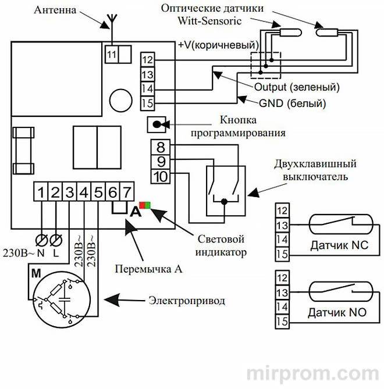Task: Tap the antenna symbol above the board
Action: coord(107,24)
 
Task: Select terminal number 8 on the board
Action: coord(160,147)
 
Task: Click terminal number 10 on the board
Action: coord(160,175)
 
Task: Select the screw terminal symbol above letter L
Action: coord(56,240)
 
